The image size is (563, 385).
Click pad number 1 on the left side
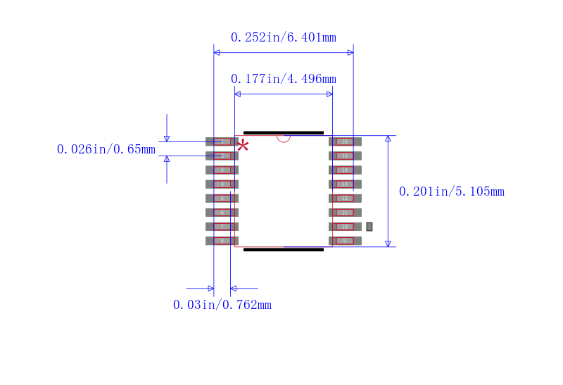[222, 141]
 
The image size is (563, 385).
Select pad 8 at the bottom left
[222, 241]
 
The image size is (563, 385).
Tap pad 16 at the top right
[345, 141]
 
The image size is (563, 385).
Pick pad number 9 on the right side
[345, 241]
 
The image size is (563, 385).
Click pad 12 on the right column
[345, 198]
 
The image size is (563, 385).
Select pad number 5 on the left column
[222, 198]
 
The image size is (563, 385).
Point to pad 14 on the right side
[345, 170]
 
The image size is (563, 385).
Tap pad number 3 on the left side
[222, 170]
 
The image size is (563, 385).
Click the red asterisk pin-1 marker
[243, 146]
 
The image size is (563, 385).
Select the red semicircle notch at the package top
[284, 138]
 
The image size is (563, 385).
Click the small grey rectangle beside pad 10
[369, 227]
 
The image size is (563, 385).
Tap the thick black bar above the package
[284, 132]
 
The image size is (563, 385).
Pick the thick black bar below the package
[284, 249]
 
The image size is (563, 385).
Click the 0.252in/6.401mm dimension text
[284, 37]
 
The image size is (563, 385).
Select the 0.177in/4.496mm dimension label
[284, 79]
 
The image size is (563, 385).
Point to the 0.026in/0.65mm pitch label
[106, 149]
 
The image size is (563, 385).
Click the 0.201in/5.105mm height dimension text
[451, 191]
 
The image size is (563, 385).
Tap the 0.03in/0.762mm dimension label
[222, 305]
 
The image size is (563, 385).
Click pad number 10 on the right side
[345, 227]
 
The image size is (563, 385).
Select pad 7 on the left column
[222, 227]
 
